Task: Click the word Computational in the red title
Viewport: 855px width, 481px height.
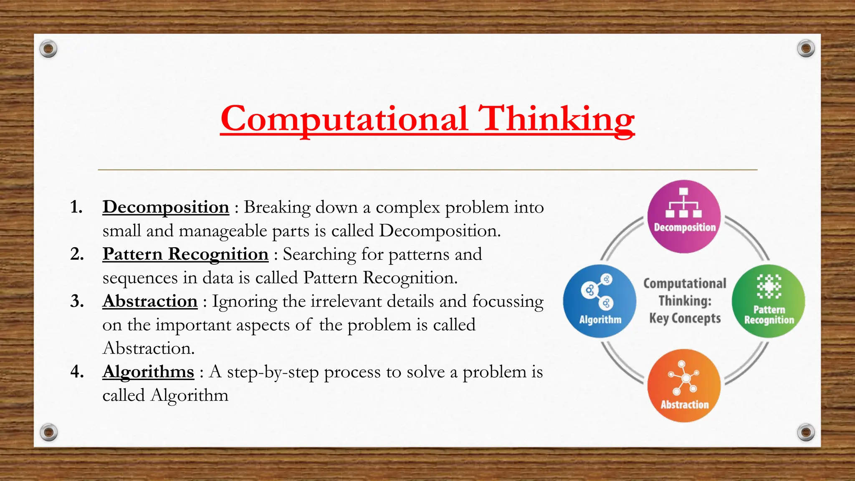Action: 344,119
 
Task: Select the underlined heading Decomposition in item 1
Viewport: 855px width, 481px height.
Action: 166,207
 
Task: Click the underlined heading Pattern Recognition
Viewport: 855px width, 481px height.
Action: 185,254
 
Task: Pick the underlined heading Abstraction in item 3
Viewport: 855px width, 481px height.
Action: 150,301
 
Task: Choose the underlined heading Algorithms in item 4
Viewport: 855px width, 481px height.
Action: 148,372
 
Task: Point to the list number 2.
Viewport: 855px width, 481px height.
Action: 77,254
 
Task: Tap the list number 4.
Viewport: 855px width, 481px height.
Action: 77,372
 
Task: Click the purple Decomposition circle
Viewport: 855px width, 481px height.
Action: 684,217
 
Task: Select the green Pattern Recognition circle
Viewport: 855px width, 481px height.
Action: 769,301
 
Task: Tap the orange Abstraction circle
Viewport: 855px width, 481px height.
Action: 684,386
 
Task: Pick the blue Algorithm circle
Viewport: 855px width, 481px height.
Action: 600,301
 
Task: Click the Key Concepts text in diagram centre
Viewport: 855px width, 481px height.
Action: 685,319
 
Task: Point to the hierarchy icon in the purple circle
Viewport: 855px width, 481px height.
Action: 683,203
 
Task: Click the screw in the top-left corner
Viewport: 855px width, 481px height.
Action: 48,49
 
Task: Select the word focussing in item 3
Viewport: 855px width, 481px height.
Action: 508,301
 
